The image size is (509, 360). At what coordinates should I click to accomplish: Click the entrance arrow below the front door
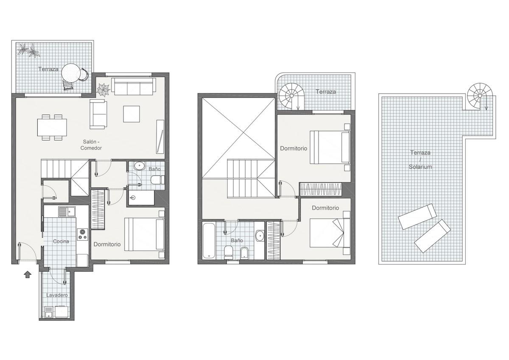click(x=28, y=275)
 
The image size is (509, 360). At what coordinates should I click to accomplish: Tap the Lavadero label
click(x=57, y=295)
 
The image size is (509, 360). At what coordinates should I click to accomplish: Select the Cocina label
click(x=61, y=241)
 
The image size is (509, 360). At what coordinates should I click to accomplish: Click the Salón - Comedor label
click(x=91, y=145)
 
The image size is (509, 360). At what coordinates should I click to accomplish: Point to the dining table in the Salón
click(x=52, y=127)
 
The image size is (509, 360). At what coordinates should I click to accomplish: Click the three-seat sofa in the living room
click(x=134, y=87)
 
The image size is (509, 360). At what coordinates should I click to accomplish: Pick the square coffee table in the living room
click(x=131, y=114)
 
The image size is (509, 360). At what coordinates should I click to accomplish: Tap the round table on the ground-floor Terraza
click(x=71, y=73)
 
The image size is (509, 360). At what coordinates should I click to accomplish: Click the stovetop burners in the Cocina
click(x=82, y=234)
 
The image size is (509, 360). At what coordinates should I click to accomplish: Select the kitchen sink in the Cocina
click(x=67, y=212)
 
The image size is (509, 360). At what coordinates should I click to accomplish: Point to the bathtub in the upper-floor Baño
click(x=209, y=241)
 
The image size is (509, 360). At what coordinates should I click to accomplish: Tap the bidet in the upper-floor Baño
click(x=244, y=253)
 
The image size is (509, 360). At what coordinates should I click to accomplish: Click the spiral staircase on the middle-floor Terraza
click(x=292, y=96)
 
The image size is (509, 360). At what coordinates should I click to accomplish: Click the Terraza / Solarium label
click(x=420, y=160)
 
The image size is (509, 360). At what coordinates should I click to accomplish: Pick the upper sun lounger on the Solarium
click(x=417, y=216)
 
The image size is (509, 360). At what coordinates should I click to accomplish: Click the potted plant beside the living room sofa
click(x=103, y=89)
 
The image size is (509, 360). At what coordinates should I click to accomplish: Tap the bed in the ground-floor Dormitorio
click(x=144, y=234)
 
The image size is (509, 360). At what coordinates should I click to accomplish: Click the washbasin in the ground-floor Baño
click(x=139, y=166)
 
